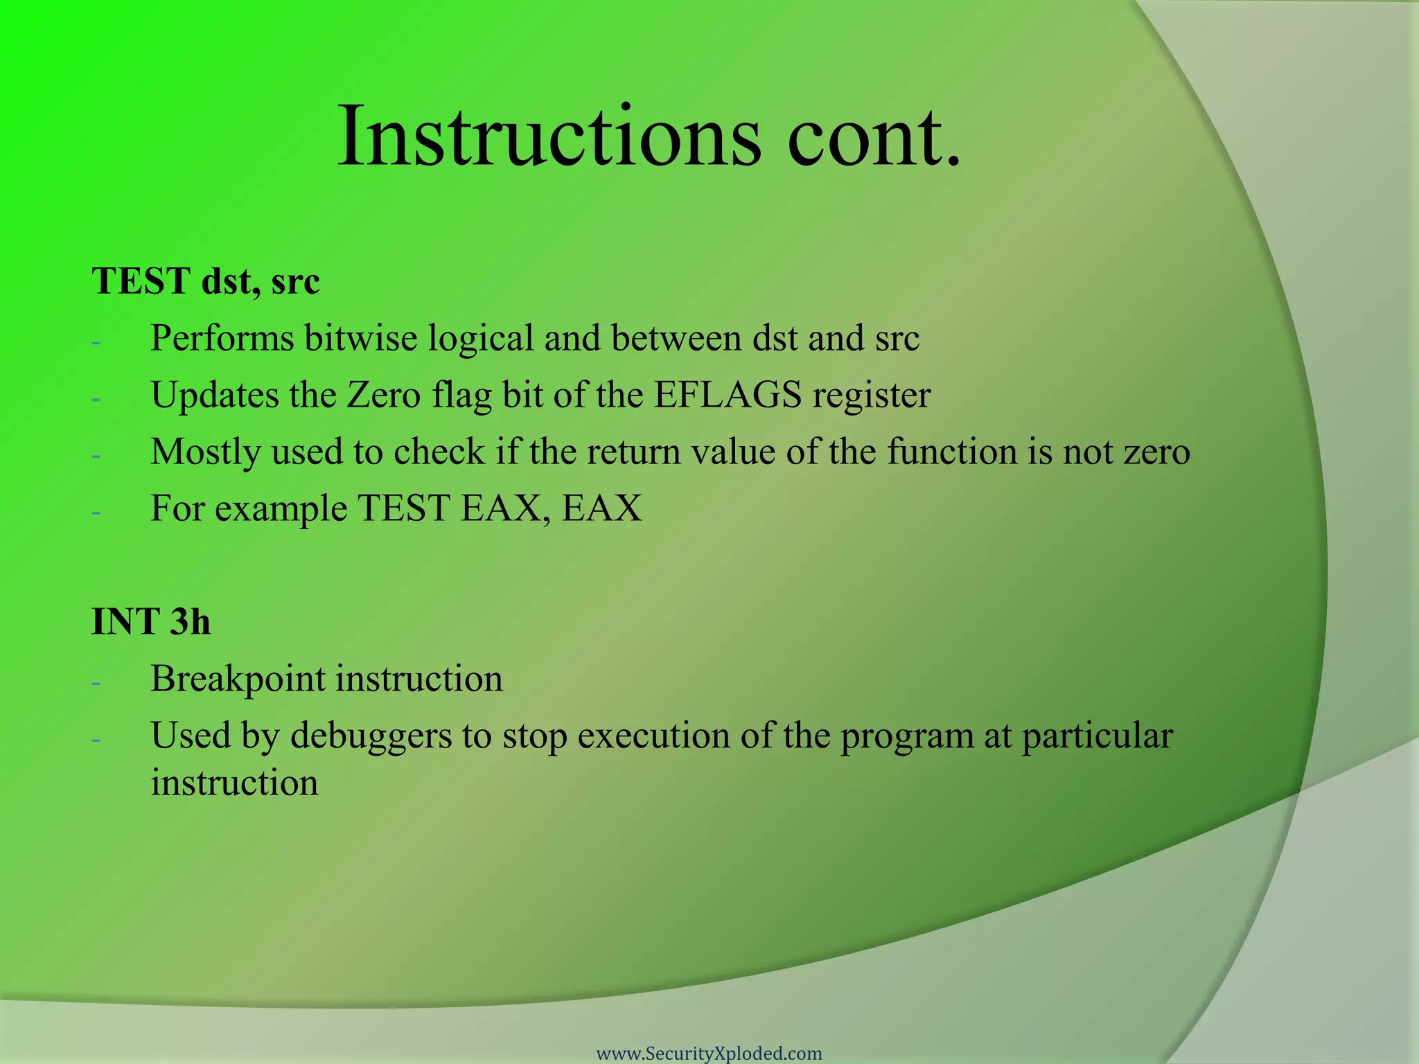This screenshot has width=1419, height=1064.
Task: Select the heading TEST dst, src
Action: click(206, 282)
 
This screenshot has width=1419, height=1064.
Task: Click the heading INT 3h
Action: click(151, 621)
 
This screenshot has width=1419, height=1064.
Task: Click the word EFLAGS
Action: click(728, 396)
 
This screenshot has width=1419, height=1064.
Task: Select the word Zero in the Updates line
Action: click(383, 396)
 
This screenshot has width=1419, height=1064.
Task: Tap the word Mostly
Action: click(205, 453)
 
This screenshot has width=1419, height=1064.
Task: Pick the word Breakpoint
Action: click(238, 679)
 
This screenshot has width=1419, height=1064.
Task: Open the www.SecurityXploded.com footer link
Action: click(709, 1054)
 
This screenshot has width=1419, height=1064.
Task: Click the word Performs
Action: click(221, 339)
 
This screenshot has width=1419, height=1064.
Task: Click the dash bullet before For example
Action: click(96, 513)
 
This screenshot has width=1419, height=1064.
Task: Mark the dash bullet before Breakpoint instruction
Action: click(96, 683)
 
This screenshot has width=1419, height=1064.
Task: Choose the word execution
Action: click(653, 736)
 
